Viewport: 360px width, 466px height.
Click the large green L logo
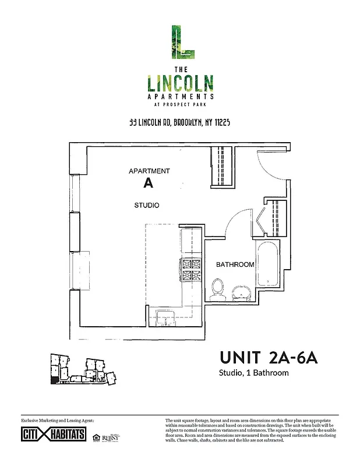pyautogui.click(x=181, y=42)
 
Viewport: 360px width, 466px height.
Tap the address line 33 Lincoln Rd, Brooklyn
pyautogui.click(x=180, y=123)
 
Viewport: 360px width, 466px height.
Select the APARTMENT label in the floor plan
pyautogui.click(x=149, y=171)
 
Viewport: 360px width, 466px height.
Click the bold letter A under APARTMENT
pyautogui.click(x=148, y=183)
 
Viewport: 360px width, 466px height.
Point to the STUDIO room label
pyautogui.click(x=147, y=206)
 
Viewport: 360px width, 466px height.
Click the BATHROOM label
pyautogui.click(x=235, y=264)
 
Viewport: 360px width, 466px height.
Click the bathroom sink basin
pyautogui.click(x=240, y=291)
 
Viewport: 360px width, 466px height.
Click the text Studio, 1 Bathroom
pyautogui.click(x=253, y=373)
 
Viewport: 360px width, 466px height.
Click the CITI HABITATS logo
pyautogui.click(x=54, y=435)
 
